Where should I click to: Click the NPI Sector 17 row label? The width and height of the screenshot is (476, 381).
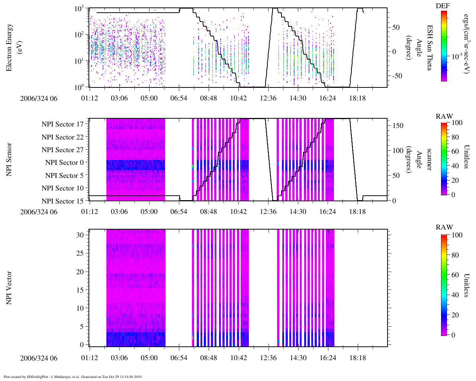[63, 124]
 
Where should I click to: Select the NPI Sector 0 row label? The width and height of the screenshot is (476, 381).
[65, 163]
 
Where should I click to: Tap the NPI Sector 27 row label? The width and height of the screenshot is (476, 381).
[63, 150]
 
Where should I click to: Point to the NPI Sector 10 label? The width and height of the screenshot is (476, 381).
[63, 188]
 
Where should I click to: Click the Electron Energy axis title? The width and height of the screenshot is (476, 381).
[13, 48]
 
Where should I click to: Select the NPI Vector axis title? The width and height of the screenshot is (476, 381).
[9, 288]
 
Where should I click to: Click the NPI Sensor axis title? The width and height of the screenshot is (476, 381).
[9, 160]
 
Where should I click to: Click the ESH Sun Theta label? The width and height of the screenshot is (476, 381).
[430, 48]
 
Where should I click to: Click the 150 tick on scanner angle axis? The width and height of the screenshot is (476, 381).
[398, 126]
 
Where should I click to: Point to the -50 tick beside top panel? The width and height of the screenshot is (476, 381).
[396, 76]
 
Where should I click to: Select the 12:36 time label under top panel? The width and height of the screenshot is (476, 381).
[268, 98]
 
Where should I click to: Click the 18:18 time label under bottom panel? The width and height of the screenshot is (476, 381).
[357, 358]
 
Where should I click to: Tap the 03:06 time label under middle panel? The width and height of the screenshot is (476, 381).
[119, 212]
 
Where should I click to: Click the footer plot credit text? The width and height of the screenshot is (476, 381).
[73, 377]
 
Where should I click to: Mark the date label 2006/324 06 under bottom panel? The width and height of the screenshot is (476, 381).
[39, 358]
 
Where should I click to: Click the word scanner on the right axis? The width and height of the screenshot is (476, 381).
[429, 160]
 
